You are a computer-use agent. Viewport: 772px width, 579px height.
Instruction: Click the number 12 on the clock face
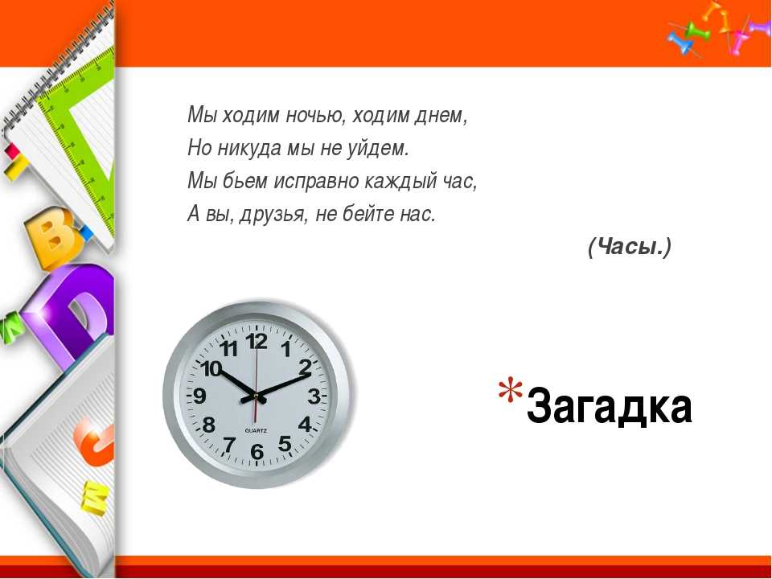tap(257, 341)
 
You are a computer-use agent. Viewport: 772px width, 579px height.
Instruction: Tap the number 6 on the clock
tap(257, 451)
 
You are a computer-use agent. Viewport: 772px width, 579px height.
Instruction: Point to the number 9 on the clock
tap(199, 396)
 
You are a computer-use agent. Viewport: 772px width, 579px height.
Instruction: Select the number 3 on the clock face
tap(314, 396)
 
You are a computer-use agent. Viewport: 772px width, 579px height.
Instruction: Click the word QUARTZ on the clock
tap(256, 431)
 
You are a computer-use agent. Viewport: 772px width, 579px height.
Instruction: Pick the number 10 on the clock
tap(211, 369)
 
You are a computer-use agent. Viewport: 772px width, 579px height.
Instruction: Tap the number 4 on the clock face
tap(305, 424)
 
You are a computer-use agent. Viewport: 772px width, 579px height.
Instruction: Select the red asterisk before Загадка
tap(510, 389)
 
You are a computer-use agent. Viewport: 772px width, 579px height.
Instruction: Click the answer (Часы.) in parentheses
tap(629, 246)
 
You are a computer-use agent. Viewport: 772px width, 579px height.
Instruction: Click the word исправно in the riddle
tap(316, 181)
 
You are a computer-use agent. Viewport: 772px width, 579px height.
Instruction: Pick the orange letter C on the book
tap(93, 445)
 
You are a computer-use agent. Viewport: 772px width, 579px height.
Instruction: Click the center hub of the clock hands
tap(256, 395)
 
